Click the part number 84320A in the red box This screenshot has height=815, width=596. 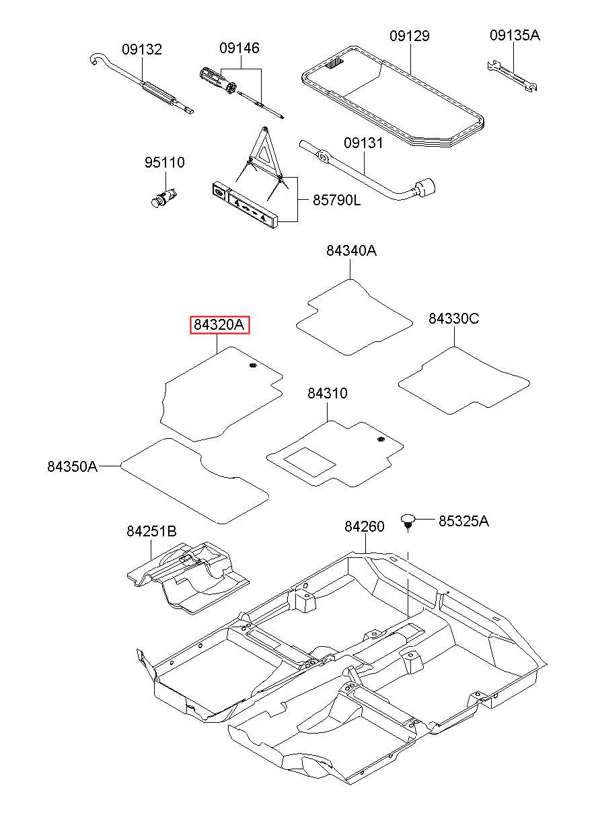click(219, 324)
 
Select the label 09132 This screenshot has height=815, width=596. click(142, 49)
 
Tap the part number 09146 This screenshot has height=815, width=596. click(239, 48)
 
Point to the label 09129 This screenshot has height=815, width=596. click(410, 36)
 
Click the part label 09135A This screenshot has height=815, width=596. click(515, 35)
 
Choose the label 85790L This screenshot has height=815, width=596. click(337, 200)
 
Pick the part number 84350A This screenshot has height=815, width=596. click(73, 466)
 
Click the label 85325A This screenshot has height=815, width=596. click(463, 521)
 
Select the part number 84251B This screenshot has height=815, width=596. click(151, 531)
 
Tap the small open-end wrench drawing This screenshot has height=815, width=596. click(512, 76)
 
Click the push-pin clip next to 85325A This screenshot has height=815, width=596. click(408, 522)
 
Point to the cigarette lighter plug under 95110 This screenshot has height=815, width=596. click(163, 197)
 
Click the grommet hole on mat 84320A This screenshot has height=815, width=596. click(252, 365)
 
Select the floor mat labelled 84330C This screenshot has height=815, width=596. click(463, 380)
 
